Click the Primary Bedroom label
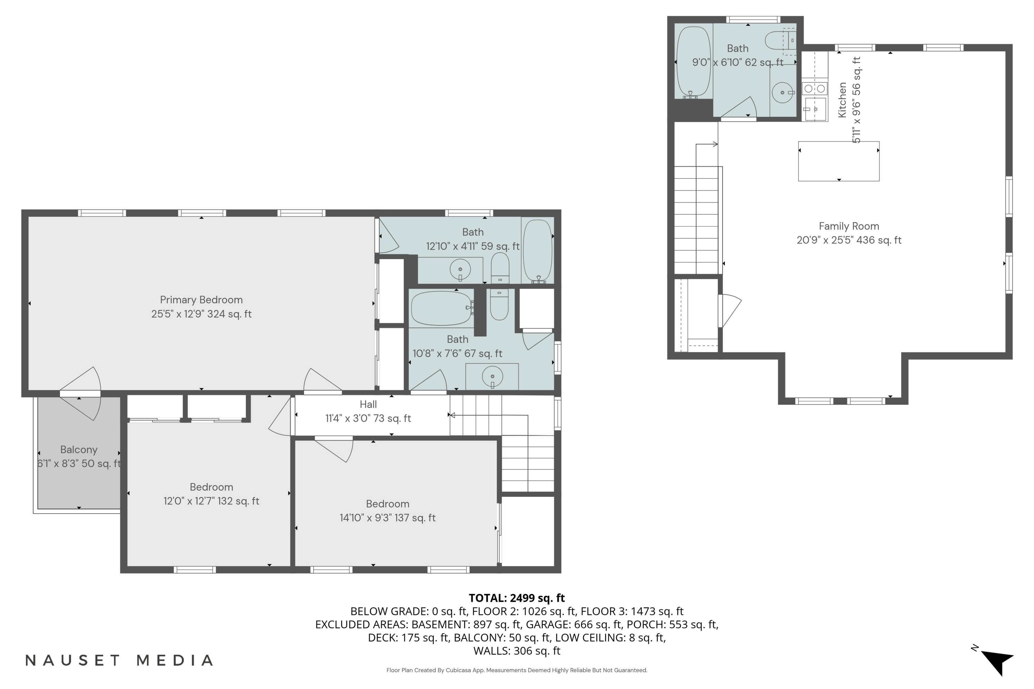click(x=201, y=300)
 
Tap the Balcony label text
click(x=79, y=450)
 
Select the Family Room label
click(x=849, y=226)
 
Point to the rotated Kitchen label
click(x=842, y=100)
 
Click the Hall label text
click(x=368, y=404)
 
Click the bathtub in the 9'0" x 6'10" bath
click(x=693, y=62)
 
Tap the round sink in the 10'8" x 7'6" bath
click(x=493, y=377)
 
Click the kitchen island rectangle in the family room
click(x=838, y=161)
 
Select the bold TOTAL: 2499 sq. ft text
click(x=517, y=598)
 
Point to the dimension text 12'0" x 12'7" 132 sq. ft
click(x=211, y=501)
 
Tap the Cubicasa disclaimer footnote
click(x=517, y=670)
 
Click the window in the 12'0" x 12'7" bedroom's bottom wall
click(x=194, y=570)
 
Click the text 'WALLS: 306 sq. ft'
click(x=517, y=651)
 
